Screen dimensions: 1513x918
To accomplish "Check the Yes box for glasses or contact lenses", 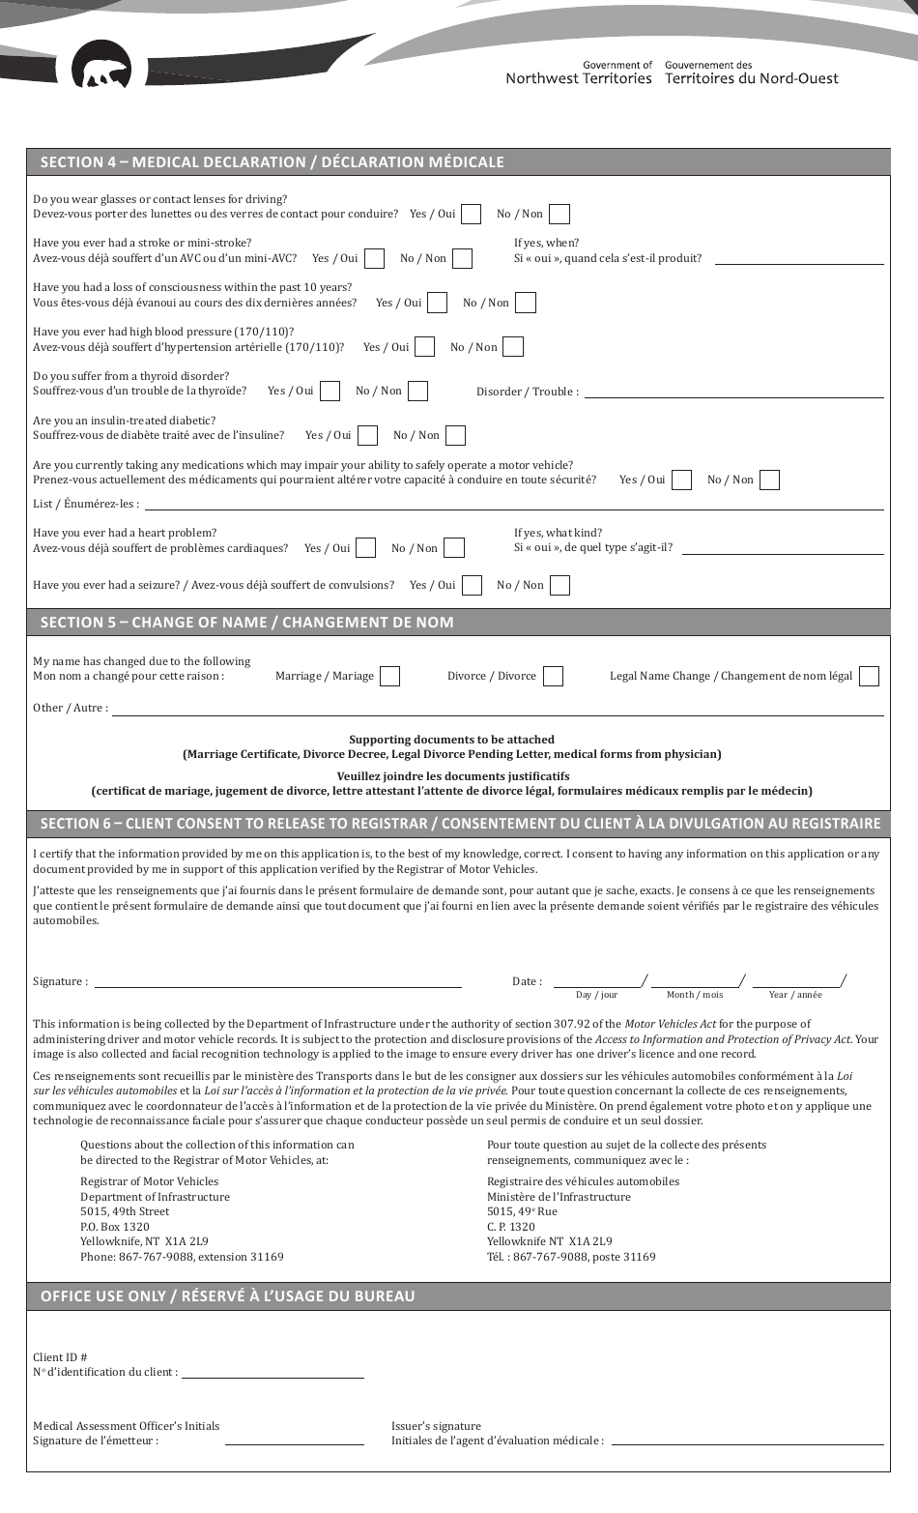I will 471,214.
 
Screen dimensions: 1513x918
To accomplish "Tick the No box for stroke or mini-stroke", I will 462,258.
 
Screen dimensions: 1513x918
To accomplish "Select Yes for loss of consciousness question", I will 437,303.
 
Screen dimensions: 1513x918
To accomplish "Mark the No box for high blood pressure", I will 513,347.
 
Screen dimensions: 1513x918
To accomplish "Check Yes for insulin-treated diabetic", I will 367,435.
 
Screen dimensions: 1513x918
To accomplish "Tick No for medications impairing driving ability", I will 769,480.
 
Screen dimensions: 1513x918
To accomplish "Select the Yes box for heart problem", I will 365,548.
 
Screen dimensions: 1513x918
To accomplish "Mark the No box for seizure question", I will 559,585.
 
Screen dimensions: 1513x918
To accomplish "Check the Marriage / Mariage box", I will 389,676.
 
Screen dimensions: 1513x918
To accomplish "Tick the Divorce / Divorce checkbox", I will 553,676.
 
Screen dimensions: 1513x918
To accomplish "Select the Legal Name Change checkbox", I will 869,676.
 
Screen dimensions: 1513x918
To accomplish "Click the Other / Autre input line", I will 498,709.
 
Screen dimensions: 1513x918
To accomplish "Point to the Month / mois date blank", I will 694,980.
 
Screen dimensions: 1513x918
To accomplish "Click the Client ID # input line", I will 273,1372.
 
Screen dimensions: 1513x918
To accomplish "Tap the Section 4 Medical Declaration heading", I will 272,162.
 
